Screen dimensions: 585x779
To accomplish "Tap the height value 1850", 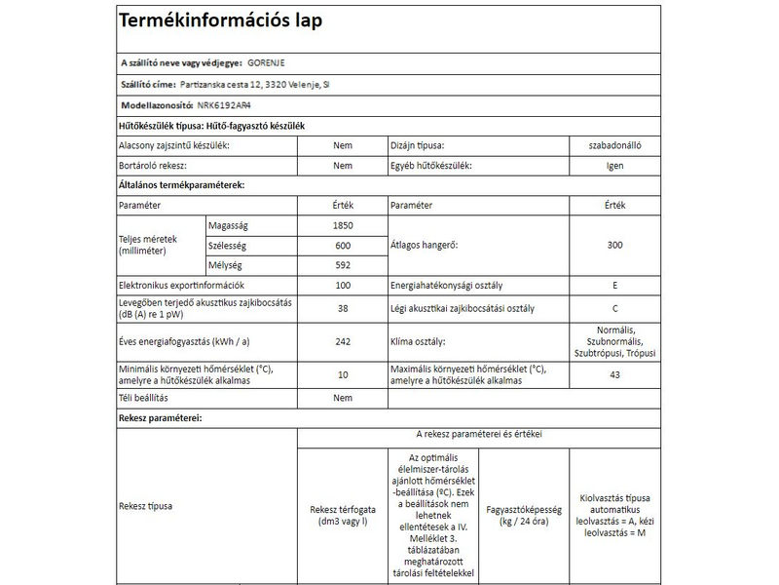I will click(x=342, y=224).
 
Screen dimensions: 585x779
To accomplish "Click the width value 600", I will click(x=342, y=245).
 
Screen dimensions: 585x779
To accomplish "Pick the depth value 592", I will click(x=342, y=265).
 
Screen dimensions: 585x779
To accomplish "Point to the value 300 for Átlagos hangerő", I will click(x=614, y=245).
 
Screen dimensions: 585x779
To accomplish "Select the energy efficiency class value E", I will click(x=614, y=287).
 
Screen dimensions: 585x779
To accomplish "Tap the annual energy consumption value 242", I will click(x=342, y=342).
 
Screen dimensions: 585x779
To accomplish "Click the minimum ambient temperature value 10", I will click(x=342, y=375).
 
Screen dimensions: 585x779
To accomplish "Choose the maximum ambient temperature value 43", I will click(x=614, y=375).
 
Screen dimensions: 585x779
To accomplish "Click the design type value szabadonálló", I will click(x=614, y=145).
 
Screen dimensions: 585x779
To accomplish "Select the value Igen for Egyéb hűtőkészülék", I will click(x=614, y=166).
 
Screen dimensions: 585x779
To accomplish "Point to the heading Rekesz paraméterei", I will click(x=160, y=417).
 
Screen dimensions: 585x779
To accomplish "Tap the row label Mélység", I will click(x=226, y=265).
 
